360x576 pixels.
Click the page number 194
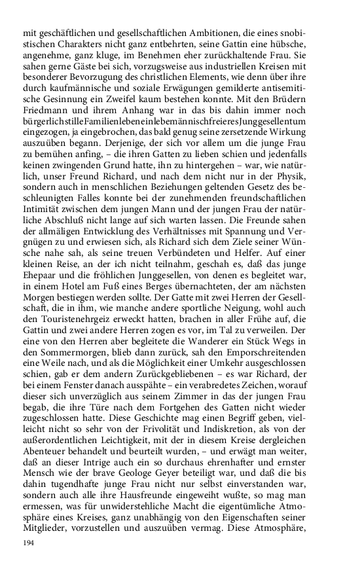[28, 544]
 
